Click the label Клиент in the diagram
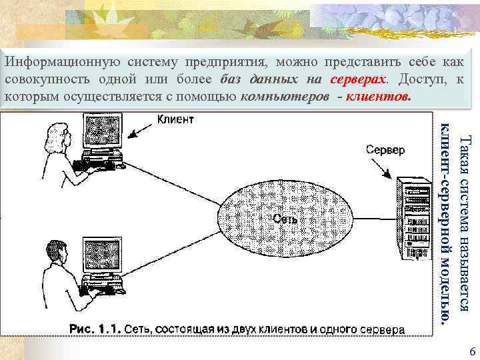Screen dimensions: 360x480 tap(175, 120)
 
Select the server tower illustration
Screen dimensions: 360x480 tap(412, 221)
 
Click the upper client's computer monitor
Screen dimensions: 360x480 tap(101, 133)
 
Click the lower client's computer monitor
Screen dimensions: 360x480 tap(101, 255)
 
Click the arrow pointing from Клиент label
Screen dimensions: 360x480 tap(141, 127)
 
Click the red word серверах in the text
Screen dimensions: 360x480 tap(357, 79)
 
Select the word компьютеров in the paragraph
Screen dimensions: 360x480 tap(285, 96)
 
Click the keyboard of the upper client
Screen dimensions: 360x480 tap(100, 162)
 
